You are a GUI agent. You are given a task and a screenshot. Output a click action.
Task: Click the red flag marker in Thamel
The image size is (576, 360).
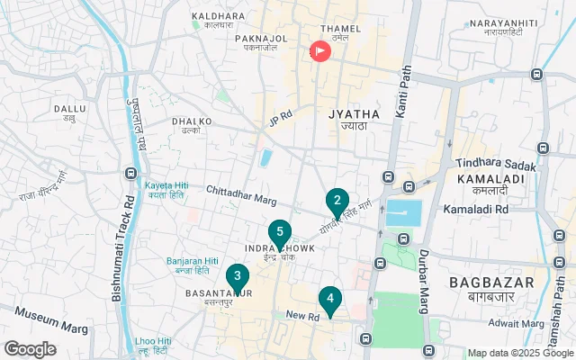(319, 51)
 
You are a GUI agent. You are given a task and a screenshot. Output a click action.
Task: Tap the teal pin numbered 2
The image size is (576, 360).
(337, 201)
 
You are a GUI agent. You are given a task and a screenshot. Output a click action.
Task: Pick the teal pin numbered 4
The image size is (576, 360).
(330, 299)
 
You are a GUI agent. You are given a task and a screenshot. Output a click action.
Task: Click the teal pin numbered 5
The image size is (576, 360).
(280, 232)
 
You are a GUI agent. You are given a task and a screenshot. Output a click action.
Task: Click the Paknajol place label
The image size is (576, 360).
(261, 40)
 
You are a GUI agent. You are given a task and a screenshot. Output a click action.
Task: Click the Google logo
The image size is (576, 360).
(30, 349)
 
